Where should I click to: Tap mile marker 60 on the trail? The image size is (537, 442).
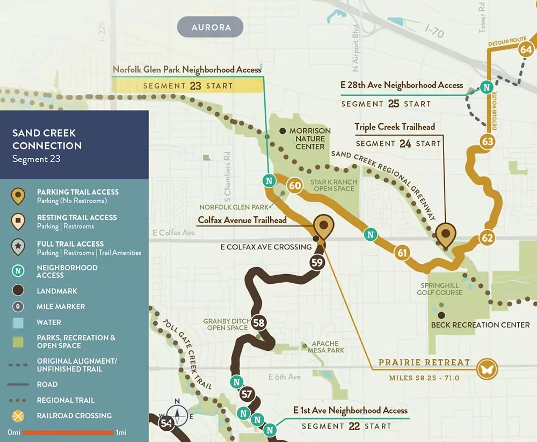click(295, 186)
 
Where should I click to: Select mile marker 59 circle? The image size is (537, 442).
click(317, 263)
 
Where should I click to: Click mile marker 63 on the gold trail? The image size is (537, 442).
click(488, 142)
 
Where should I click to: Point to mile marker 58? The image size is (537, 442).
click(259, 323)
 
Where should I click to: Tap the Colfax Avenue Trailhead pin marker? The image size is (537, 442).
click(323, 227)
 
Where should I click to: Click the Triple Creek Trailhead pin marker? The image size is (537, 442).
click(445, 234)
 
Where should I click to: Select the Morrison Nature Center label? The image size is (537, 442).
click(310, 138)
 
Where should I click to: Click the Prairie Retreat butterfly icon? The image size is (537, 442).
click(488, 369)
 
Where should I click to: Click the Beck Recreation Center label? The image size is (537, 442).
click(480, 325)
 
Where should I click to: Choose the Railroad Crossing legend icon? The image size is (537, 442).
click(18, 416)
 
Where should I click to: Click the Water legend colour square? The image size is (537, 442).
click(18, 322)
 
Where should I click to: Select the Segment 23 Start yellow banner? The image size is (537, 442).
click(188, 85)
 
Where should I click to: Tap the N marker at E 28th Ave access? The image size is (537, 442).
click(486, 87)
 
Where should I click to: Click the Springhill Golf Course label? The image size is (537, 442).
click(439, 289)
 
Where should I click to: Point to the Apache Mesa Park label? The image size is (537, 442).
click(326, 347)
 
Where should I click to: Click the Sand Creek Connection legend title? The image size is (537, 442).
click(47, 139)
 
